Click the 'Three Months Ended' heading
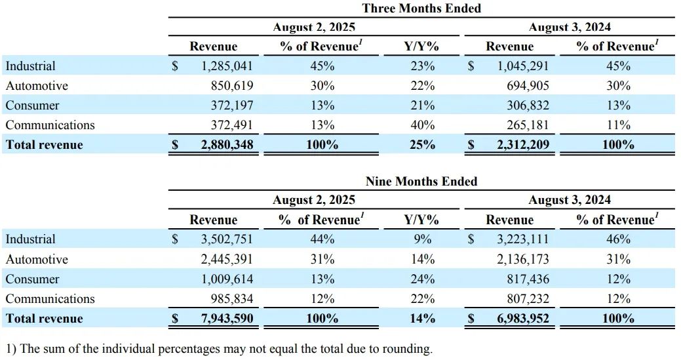[x=421, y=9]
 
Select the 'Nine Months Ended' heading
[x=421, y=181]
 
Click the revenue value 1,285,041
[x=227, y=66]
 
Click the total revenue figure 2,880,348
[x=227, y=145]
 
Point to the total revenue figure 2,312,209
[x=522, y=145]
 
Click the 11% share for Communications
[x=618, y=125]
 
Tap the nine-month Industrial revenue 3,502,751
[x=227, y=239]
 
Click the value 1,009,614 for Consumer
[x=227, y=279]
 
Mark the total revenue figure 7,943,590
[x=227, y=319]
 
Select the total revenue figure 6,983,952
[x=522, y=319]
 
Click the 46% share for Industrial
[x=618, y=239]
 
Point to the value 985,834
[x=231, y=299]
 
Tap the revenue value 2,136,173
[x=522, y=260]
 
